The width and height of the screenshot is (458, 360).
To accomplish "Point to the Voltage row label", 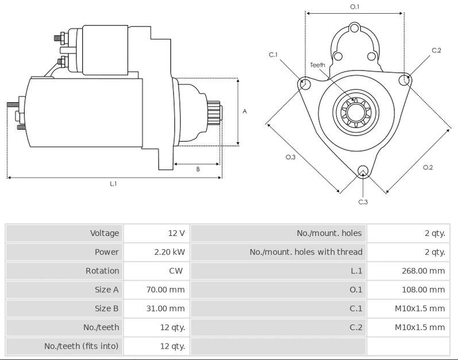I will (x=105, y=233).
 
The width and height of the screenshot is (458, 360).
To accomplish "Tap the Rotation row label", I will (x=102, y=271).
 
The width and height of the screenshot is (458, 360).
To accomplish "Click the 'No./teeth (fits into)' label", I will (x=82, y=346).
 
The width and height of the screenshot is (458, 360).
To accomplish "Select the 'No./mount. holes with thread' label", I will (x=306, y=252).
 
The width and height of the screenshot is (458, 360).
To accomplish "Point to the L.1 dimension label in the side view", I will (x=113, y=184).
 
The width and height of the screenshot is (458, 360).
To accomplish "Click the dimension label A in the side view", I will (x=244, y=111).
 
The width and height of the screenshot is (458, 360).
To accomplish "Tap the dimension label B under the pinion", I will (x=198, y=169).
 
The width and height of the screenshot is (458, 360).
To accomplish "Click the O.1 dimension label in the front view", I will (x=355, y=7).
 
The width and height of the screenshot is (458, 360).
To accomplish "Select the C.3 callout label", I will (x=363, y=202).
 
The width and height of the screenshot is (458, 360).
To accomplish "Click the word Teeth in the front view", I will (x=317, y=65).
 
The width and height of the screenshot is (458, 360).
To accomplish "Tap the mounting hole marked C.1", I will (x=305, y=85).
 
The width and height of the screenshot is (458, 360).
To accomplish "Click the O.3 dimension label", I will (x=290, y=157).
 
